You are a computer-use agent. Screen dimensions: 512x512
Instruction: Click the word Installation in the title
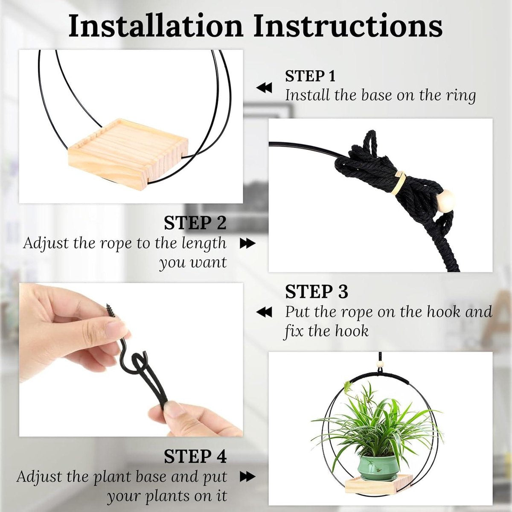click(x=156, y=27)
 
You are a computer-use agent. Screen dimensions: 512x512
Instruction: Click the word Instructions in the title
click(x=348, y=27)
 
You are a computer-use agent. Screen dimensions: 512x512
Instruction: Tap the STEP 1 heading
click(x=310, y=76)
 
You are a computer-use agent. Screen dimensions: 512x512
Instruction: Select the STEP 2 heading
click(x=195, y=223)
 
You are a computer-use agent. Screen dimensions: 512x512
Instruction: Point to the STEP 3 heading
click(x=317, y=291)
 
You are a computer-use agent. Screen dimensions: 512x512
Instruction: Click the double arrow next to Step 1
click(x=264, y=88)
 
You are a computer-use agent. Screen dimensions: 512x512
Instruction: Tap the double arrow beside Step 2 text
click(x=247, y=243)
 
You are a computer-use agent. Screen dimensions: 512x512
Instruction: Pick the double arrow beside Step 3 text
click(x=264, y=312)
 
